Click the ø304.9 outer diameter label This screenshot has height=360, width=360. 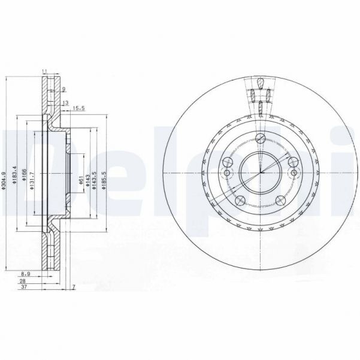click(5, 180)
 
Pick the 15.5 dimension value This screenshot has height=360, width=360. click(78, 108)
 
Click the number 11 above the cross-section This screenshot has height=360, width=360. click(44, 72)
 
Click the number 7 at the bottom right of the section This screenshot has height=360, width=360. click(73, 288)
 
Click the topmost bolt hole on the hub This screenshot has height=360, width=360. click(260, 139)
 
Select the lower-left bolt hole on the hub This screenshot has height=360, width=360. click(240, 201)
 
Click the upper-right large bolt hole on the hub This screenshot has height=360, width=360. click(292, 162)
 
